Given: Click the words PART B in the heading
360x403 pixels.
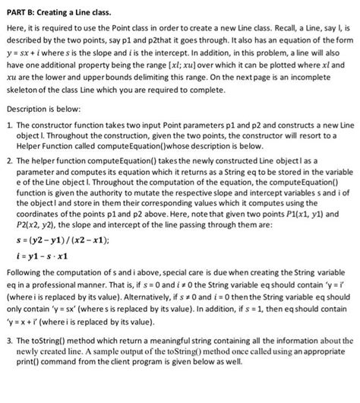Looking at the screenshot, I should [x=21, y=8].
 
